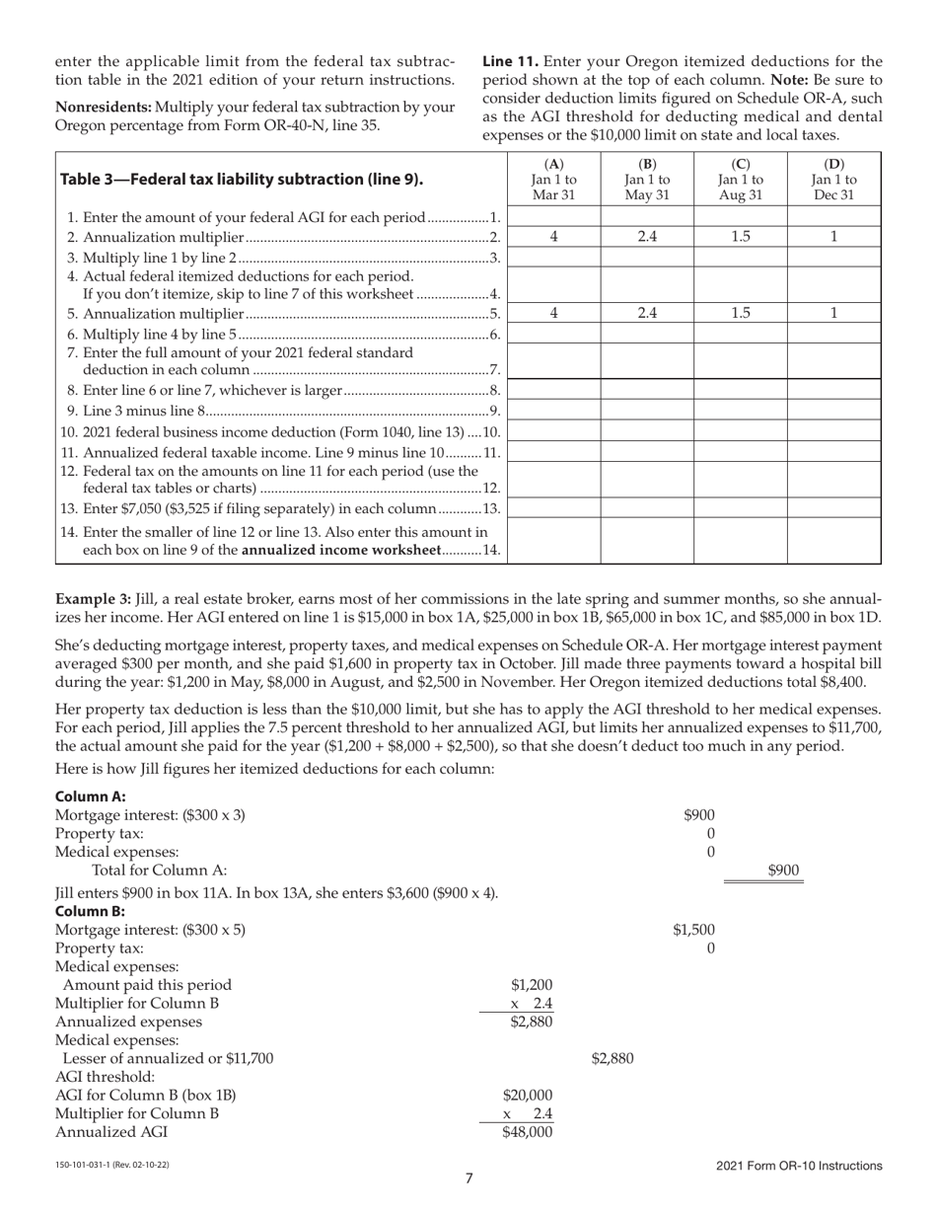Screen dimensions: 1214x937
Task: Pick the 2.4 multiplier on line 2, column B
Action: tap(647, 237)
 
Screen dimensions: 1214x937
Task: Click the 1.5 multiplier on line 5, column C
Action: tap(741, 313)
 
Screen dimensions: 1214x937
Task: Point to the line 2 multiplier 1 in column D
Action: tap(833, 237)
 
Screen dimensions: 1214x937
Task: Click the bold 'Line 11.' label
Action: tap(508, 61)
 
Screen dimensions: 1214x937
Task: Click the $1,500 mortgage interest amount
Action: tap(694, 930)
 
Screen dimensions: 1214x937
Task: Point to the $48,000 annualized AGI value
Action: tap(528, 1132)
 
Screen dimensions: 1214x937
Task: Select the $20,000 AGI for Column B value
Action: tap(528, 1095)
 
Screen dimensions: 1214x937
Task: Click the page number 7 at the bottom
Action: tap(468, 1176)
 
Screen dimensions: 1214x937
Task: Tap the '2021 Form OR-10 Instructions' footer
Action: tap(799, 1166)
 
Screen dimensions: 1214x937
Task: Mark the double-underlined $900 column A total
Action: tap(783, 870)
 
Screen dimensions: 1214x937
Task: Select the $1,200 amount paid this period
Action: tap(532, 984)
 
